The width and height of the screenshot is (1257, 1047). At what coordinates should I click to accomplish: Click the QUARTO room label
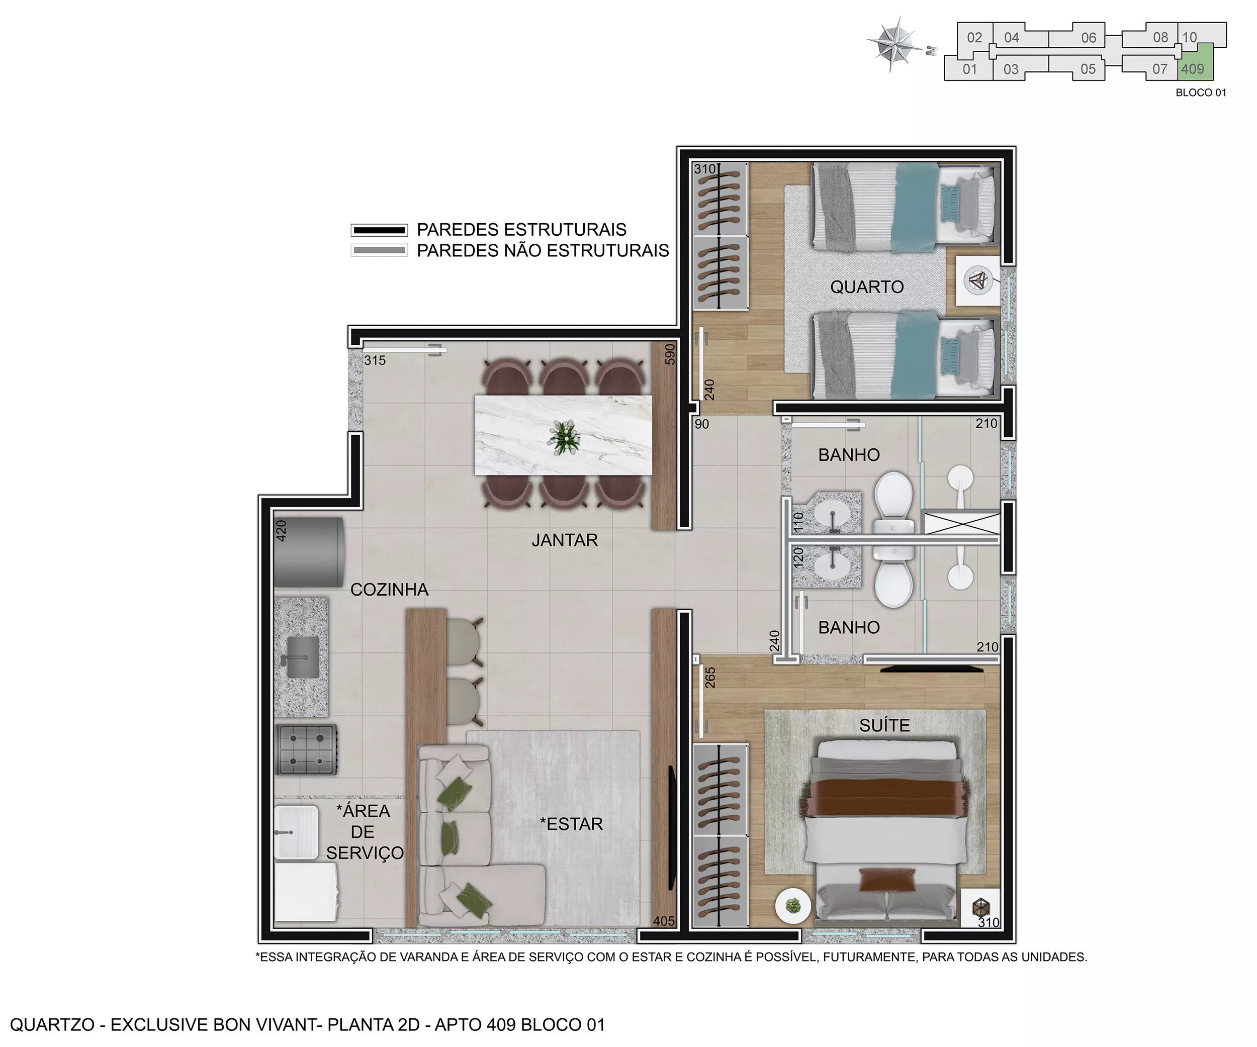point(867,287)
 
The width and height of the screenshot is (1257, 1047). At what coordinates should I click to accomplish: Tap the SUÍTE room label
point(884,726)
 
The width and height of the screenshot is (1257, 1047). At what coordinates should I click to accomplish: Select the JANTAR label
point(565,540)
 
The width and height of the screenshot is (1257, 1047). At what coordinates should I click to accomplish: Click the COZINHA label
point(389,590)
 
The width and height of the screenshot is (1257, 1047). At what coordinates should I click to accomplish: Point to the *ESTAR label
point(572,824)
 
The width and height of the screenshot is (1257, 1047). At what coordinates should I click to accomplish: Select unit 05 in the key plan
point(1088,69)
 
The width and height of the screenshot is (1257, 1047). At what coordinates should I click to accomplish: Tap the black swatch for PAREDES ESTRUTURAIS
point(379,230)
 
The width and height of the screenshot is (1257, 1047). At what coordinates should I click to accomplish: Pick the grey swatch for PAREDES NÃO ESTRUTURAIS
point(379,251)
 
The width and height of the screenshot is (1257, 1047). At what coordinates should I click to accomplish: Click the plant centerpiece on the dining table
point(564,436)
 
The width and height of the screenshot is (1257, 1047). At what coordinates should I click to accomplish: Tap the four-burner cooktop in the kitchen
point(306,749)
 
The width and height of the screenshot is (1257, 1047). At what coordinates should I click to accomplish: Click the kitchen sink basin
point(303,657)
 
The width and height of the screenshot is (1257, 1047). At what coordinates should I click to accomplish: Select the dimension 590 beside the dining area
point(670,354)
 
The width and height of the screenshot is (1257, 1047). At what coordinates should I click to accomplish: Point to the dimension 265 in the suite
point(710,678)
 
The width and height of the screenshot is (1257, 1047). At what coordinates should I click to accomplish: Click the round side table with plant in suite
point(793,906)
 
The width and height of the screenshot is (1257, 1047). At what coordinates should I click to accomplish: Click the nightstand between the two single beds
point(977,280)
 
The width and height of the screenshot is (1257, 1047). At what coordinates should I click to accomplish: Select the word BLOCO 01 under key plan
point(1201,92)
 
